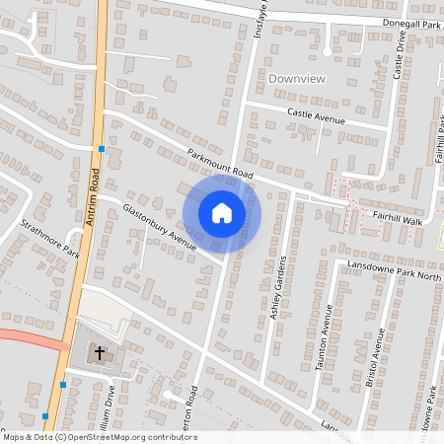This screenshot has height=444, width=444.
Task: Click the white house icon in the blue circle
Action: tap(222, 213)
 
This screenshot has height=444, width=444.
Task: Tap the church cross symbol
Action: tap(100, 351)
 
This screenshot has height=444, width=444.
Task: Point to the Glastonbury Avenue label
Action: tap(160, 227)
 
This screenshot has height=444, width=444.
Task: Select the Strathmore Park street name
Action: tap(50, 238)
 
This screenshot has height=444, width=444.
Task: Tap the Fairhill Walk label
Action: tap(397, 216)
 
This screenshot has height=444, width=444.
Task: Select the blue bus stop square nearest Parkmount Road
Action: tap(102, 149)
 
